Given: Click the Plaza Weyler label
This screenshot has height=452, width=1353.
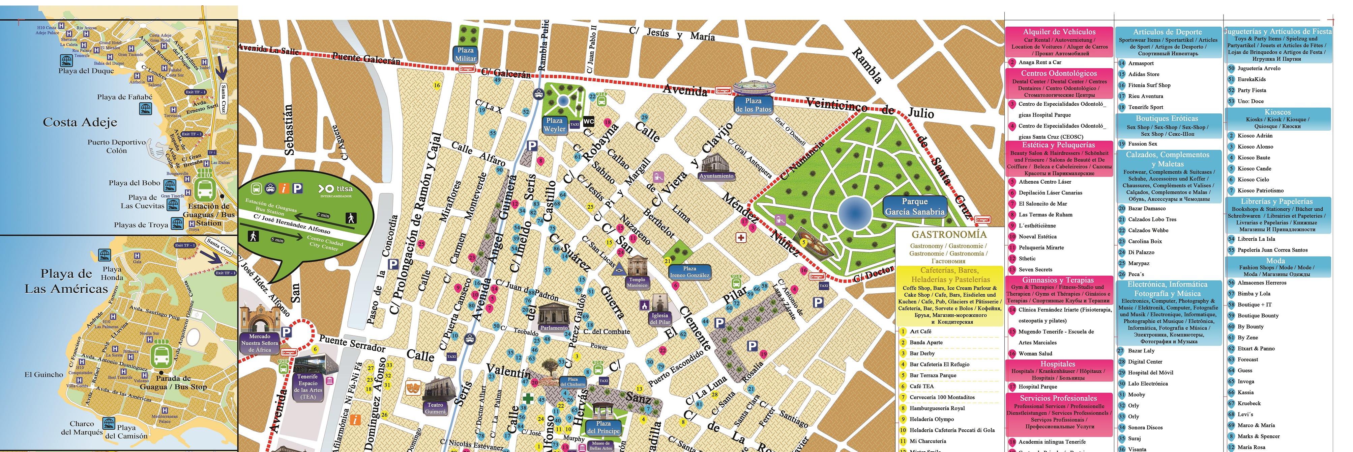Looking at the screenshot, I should [x=555, y=125].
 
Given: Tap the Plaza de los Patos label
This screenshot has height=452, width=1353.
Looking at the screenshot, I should [x=753, y=105].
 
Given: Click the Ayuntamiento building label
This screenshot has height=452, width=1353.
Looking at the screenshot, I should [x=716, y=176].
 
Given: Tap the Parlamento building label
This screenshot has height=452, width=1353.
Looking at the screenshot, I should [x=554, y=327].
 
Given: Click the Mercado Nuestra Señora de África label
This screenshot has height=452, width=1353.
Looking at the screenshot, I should [x=260, y=343].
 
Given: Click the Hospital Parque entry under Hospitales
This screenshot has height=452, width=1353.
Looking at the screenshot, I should [x=1037, y=386].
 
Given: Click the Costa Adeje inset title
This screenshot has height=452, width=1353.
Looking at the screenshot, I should [x=80, y=123].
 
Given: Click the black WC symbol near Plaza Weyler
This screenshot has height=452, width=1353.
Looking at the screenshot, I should [x=589, y=122].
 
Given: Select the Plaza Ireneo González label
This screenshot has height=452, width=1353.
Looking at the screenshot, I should [x=689, y=272].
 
